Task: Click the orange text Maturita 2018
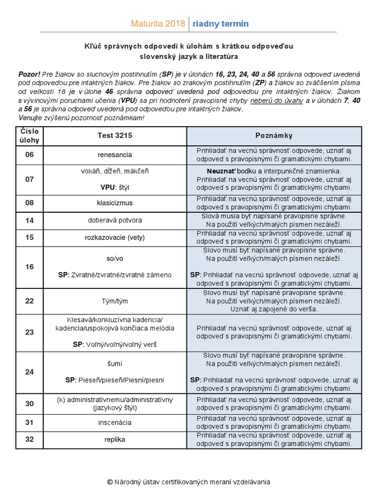tap(158, 24)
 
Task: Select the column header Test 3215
tap(115, 136)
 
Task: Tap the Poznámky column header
tap(274, 136)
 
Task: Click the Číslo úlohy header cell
tap(30, 136)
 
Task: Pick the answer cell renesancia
tap(115, 155)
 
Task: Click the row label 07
tap(30, 179)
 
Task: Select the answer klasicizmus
tap(115, 203)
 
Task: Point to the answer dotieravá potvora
tap(115, 221)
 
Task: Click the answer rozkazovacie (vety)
tap(115, 238)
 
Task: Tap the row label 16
tap(30, 267)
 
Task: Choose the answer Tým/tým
tap(115, 301)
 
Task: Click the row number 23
tap(30, 332)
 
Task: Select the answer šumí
tap(115, 364)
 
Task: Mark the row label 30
tap(30, 404)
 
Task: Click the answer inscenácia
tap(115, 422)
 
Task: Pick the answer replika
tap(115, 439)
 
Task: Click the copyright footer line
tap(189, 482)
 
